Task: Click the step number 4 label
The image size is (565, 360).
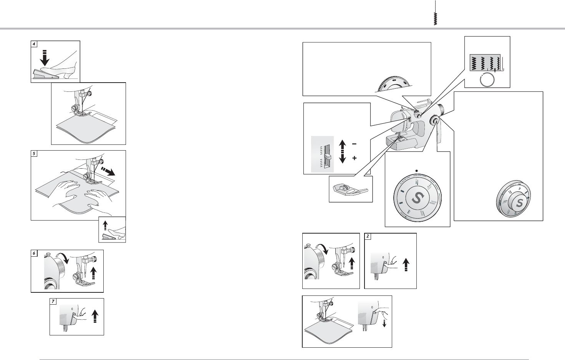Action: pos(34,44)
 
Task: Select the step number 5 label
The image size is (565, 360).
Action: pos(34,154)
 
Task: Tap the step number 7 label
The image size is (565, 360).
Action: pos(53,302)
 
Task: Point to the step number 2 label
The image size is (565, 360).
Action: pos(368,236)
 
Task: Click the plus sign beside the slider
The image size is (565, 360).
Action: pos(354,158)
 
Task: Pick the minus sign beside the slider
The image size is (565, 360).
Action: pos(354,144)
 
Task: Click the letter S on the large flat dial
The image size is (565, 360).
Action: pos(417,197)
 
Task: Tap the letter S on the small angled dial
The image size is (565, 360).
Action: pos(519,202)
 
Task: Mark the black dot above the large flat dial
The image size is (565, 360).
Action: pos(416,169)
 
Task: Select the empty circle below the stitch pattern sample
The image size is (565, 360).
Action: pos(487,80)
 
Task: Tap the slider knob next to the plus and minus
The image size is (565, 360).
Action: pos(327,156)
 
